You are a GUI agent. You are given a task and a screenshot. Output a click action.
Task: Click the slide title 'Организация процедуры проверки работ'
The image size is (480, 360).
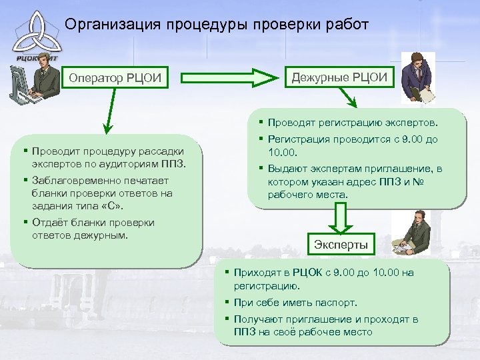coord(217,25)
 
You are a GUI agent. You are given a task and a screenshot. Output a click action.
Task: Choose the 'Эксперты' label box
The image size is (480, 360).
coord(341,245)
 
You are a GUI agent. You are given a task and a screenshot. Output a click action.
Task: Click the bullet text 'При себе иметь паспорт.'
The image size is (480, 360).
coord(295,302)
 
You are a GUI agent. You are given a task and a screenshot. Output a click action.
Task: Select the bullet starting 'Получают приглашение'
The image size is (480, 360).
coord(325,325)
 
